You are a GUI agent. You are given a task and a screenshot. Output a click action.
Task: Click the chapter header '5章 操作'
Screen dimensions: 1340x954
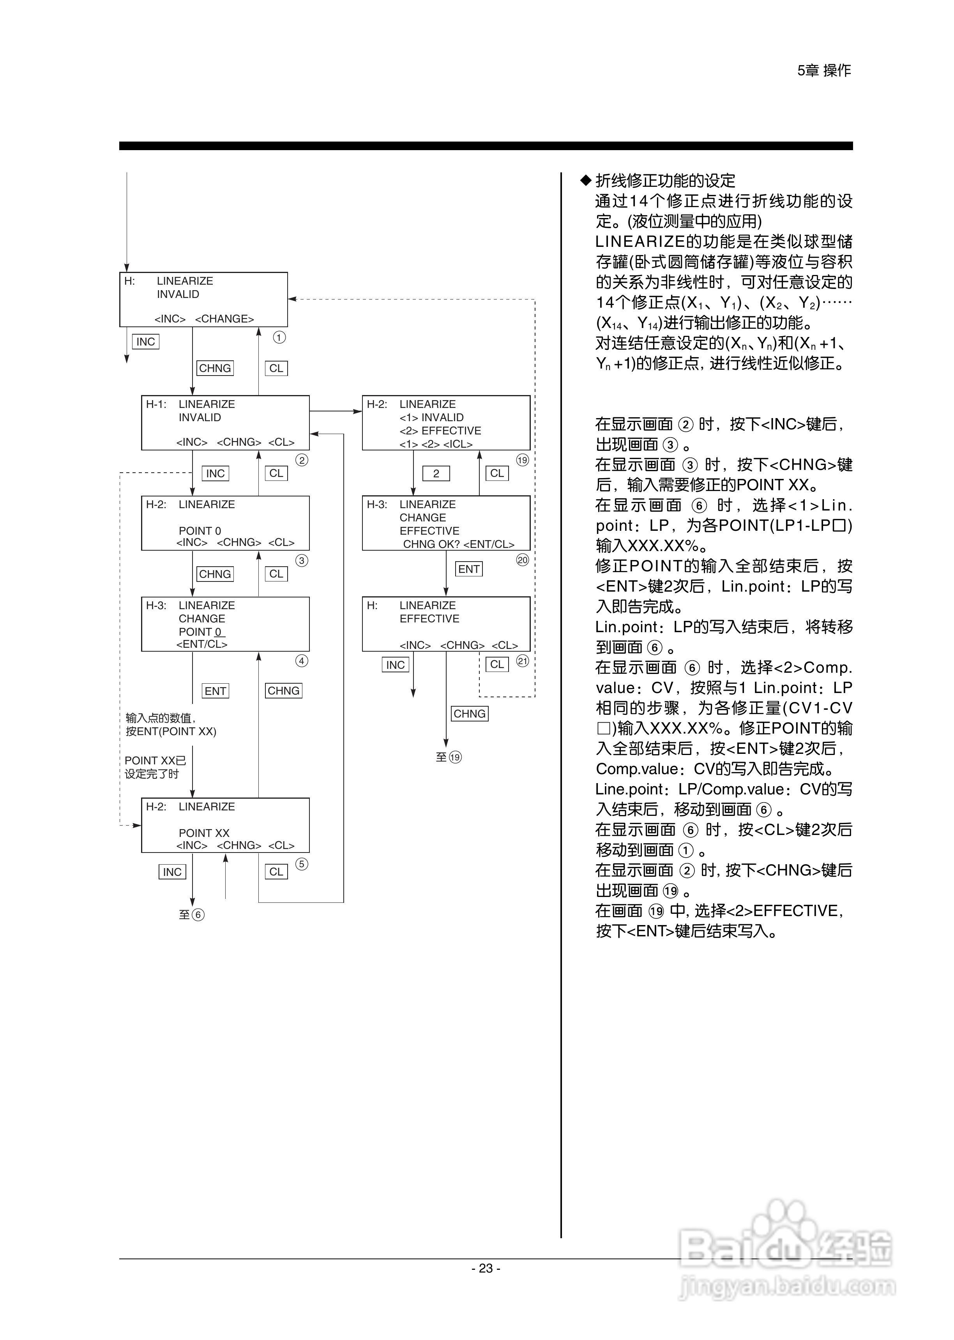[x=823, y=71]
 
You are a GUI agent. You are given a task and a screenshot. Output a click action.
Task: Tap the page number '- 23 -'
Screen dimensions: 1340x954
[x=486, y=1268]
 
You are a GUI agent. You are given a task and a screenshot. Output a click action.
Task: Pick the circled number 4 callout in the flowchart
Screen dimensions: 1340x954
[x=301, y=661]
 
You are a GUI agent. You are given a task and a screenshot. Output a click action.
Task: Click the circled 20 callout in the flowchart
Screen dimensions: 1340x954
[x=522, y=560]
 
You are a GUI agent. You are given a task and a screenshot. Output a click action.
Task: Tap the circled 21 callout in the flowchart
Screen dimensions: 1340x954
[x=522, y=661]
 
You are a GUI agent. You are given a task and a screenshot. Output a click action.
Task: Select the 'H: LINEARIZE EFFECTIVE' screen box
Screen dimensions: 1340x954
[x=446, y=624]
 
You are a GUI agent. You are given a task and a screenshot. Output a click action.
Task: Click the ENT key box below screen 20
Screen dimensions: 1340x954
[x=469, y=569]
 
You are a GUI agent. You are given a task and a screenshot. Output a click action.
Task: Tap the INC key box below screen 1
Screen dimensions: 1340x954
[x=146, y=342]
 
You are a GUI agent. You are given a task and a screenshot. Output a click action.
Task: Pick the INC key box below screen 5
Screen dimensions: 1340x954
[x=172, y=872]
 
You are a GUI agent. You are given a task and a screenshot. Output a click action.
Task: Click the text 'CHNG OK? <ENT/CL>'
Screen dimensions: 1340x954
[x=458, y=544]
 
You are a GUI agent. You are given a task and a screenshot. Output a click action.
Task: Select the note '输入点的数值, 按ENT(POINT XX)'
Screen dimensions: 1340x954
[x=170, y=725]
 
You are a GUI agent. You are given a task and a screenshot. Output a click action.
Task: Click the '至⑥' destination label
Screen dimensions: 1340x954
[x=191, y=915]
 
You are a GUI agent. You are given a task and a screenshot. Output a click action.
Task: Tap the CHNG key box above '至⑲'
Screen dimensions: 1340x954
[x=469, y=714]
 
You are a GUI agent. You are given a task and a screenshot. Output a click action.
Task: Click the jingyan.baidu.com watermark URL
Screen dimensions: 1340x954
[x=787, y=1287]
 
